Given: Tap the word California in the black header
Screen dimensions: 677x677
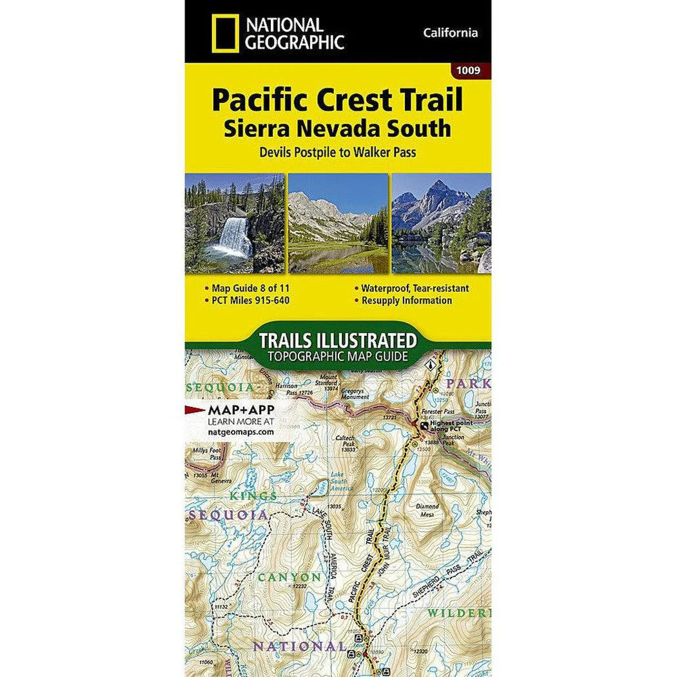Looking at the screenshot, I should pyautogui.click(x=451, y=33).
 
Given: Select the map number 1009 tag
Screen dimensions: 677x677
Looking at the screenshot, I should pyautogui.click(x=466, y=70).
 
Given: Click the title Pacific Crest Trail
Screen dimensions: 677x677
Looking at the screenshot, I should pyautogui.click(x=337, y=101).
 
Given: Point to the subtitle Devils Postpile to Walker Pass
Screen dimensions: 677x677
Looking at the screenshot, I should pyautogui.click(x=337, y=153).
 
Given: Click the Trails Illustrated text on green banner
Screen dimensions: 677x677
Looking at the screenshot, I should pyautogui.click(x=337, y=340).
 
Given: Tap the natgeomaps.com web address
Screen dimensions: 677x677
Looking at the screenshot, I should pyautogui.click(x=240, y=433).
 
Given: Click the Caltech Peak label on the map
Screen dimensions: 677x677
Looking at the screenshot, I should pyautogui.click(x=345, y=443).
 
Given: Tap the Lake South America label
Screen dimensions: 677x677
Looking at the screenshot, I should pyautogui.click(x=338, y=478).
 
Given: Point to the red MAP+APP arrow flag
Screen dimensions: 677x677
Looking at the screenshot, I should pyautogui.click(x=195, y=409).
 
